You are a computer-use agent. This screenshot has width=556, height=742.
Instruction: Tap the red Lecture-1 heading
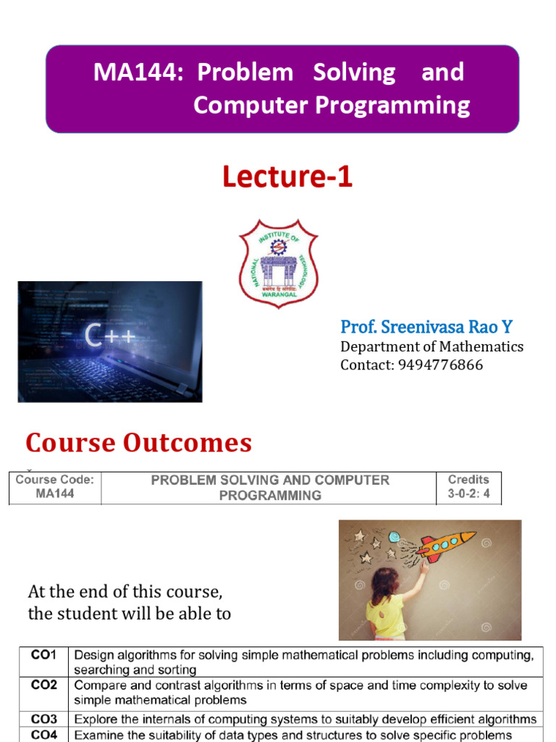click(x=287, y=177)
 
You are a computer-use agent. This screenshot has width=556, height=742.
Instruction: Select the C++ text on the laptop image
click(x=109, y=335)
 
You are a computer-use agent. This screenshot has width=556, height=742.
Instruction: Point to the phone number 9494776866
click(x=440, y=364)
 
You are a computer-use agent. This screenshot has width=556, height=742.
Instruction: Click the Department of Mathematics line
click(x=431, y=346)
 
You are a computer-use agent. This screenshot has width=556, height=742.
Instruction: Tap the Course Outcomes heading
click(x=139, y=442)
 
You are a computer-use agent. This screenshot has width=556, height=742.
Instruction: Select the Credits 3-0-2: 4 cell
click(x=468, y=488)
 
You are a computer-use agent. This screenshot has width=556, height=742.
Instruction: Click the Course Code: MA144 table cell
click(x=55, y=487)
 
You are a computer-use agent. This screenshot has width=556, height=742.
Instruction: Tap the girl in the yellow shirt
click(x=387, y=605)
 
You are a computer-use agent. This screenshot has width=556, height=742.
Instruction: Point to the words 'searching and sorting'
click(x=135, y=670)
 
